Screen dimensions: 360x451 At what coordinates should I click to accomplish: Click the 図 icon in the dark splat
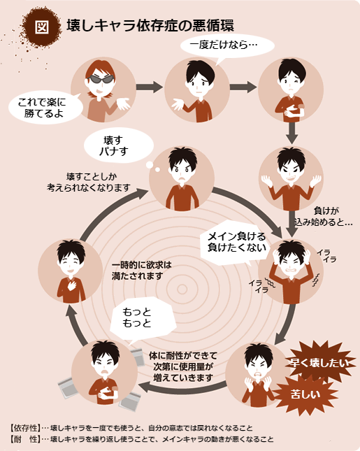[42, 27]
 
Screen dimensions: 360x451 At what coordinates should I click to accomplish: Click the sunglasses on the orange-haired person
[101, 79]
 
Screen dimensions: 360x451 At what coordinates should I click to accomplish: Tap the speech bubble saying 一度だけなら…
[227, 45]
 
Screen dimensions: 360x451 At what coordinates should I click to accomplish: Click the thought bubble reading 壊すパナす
[118, 146]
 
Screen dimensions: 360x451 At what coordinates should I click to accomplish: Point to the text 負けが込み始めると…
[323, 216]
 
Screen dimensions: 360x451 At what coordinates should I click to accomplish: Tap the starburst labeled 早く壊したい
[319, 362]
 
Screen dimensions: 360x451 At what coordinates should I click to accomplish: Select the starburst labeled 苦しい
[305, 394]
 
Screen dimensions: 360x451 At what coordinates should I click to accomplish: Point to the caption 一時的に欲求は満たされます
[141, 271]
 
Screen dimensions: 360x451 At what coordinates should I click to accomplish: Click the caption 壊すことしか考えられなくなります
[89, 182]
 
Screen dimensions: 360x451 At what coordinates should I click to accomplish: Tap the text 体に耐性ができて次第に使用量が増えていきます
[183, 366]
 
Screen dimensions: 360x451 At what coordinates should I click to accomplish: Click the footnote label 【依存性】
[25, 428]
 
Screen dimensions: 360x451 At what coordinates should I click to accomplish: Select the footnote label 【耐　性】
[25, 439]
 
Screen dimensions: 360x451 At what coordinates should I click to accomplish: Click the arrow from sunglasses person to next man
[150, 87]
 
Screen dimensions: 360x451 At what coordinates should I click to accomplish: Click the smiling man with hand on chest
[71, 271]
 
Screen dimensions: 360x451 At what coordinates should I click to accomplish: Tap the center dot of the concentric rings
[182, 289]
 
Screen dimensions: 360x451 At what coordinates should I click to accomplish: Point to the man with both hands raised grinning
[291, 178]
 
